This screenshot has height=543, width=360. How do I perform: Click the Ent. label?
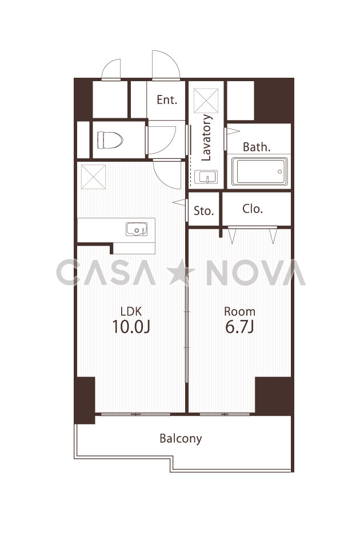click(167, 99)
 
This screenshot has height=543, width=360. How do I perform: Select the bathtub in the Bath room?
click(259, 171)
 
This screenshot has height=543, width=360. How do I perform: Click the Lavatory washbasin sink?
click(206, 177)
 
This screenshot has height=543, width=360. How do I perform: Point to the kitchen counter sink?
click(137, 229)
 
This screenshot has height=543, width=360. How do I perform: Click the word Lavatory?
click(206, 138)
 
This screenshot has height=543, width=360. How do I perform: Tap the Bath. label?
click(257, 147)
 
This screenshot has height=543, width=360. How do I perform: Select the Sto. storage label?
click(203, 210)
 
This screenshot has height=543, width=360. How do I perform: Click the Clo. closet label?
click(253, 209)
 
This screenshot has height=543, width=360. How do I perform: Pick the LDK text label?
click(131, 312)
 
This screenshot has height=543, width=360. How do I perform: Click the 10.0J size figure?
click(131, 326)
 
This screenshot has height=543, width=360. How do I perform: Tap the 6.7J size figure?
click(239, 326)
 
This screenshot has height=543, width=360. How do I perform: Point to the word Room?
click(239, 312)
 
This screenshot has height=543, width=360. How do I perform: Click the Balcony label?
click(181, 438)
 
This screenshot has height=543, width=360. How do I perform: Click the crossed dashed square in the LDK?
click(93, 177)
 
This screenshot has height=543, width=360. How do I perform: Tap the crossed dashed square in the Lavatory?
click(206, 101)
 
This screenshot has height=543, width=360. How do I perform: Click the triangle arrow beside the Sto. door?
click(179, 202)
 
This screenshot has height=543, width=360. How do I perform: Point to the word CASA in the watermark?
click(106, 273)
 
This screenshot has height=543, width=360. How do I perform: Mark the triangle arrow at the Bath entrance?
click(233, 131)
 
